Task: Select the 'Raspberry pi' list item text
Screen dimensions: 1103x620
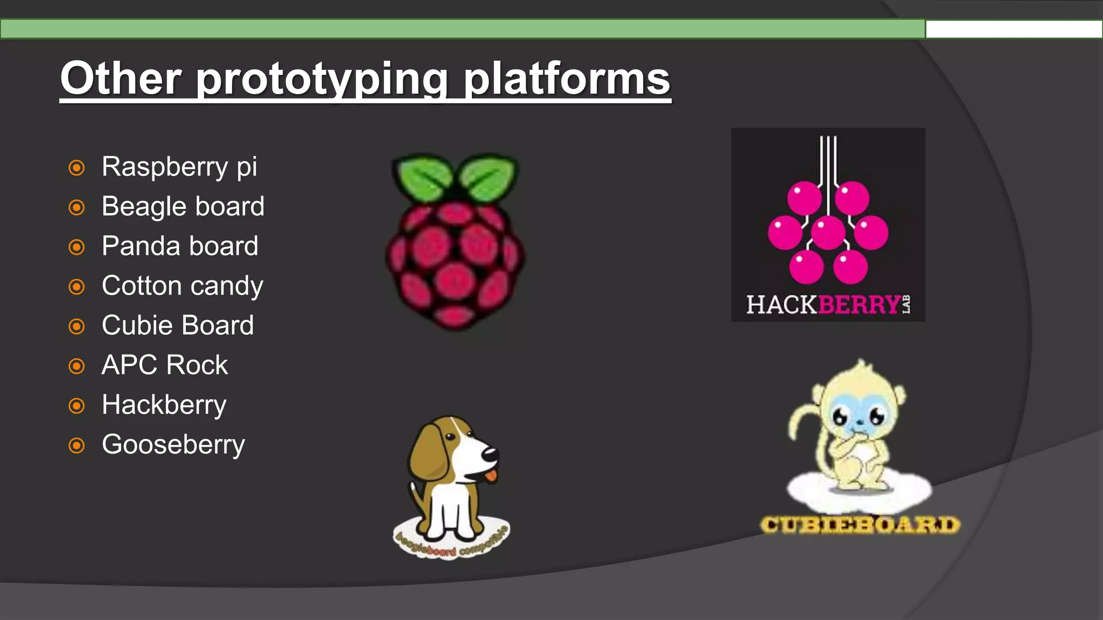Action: point(179,167)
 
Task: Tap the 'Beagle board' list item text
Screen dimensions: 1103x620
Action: point(183,207)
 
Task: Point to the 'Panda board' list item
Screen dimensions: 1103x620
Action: point(180,246)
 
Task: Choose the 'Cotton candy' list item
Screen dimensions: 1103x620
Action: point(182,286)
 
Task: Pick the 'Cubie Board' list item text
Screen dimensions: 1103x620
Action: point(178,326)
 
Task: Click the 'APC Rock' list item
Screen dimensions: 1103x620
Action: point(165,365)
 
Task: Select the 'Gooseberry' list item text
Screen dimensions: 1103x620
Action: point(173,445)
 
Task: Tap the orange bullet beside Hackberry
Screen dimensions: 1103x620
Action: point(77,406)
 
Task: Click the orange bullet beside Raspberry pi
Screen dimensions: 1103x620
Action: point(77,168)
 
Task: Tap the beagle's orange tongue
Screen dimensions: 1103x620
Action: point(490,476)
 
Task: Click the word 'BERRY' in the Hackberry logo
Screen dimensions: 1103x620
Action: point(859,305)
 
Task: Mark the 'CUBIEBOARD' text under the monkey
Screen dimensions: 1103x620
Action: point(860,525)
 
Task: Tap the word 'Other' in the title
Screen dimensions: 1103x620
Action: point(121,79)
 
